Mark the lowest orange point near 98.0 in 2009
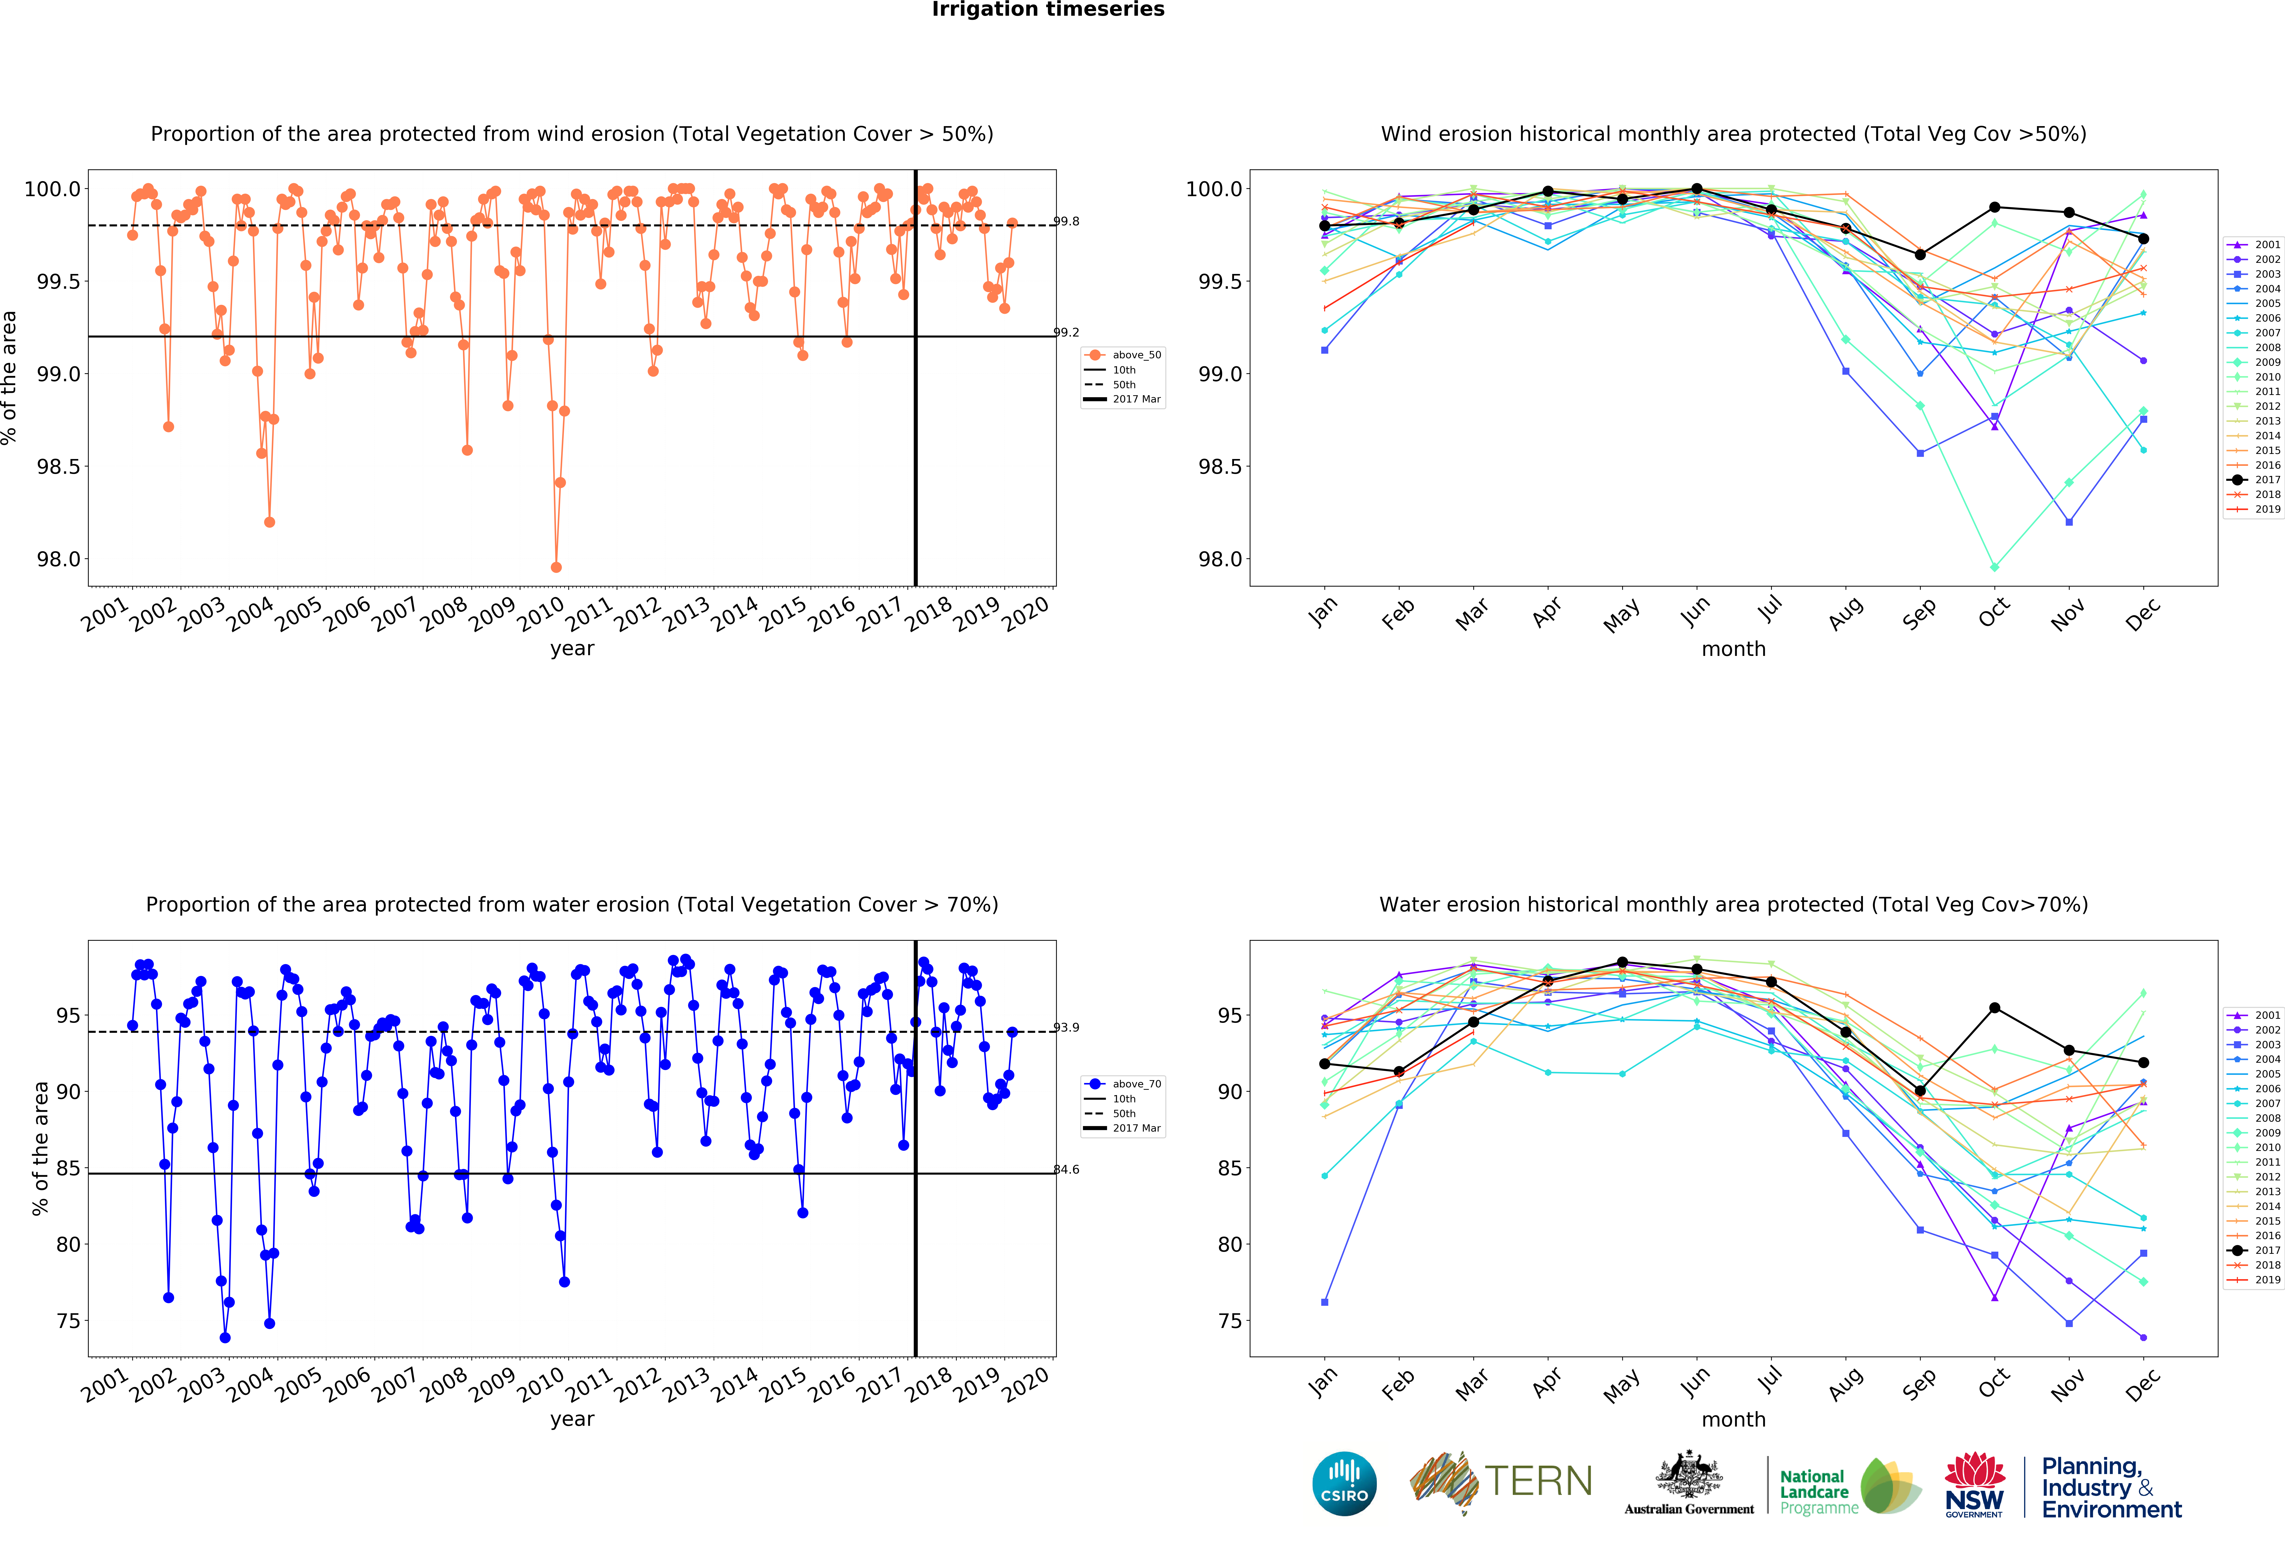coord(556,567)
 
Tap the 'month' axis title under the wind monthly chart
coord(1733,650)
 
